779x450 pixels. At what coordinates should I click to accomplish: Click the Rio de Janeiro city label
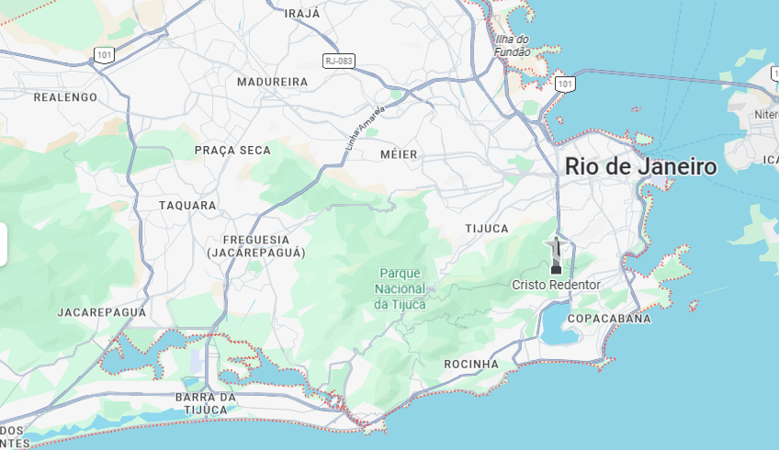pos(640,166)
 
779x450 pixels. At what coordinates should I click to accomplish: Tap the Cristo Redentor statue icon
pos(555,256)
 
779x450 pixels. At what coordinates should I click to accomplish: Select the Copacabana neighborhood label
pos(609,319)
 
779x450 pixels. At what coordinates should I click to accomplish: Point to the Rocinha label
pos(470,365)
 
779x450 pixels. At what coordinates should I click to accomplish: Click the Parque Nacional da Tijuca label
pos(400,288)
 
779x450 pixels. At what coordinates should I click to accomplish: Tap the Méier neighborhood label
pos(399,154)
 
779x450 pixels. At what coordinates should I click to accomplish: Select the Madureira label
pos(272,82)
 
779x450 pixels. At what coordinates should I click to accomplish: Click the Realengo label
pos(65,96)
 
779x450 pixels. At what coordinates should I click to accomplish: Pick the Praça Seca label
pos(232,150)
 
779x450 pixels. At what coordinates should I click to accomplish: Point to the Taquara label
pos(187,206)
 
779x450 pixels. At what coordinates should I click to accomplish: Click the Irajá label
pos(303,14)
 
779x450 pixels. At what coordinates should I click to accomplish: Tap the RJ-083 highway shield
pos(338,61)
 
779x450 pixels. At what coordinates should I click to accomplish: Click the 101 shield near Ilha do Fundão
pos(565,84)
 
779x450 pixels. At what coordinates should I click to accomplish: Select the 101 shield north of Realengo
pos(103,55)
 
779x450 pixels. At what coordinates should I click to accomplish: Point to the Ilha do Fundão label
pos(513,45)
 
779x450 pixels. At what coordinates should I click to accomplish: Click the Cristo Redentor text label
pos(556,285)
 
